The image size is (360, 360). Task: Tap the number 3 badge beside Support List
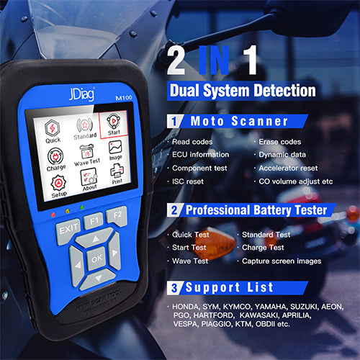click(174, 288)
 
